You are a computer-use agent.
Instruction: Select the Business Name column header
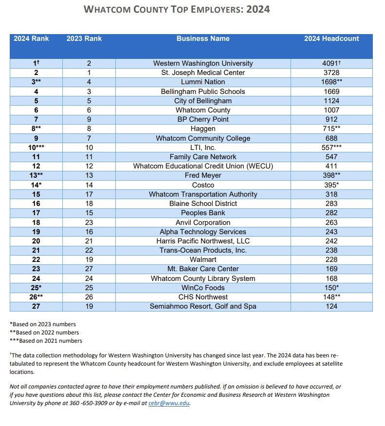point(203,38)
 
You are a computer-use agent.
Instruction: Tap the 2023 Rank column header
point(84,38)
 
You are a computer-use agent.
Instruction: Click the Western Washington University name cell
point(203,63)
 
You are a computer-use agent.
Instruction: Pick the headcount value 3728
point(331,73)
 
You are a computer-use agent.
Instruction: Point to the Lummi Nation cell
point(203,82)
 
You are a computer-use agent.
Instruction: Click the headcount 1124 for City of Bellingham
point(331,101)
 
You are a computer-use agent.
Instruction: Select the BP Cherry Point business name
point(203,119)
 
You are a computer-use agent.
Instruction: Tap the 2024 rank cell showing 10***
point(36,148)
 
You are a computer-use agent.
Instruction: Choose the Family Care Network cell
point(203,157)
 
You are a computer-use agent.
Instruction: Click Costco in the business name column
point(203,185)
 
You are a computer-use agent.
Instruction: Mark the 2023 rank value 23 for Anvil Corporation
point(89,222)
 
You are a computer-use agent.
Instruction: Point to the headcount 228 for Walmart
point(331,259)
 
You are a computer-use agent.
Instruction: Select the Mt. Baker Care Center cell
point(203,269)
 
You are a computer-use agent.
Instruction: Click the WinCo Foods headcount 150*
point(331,288)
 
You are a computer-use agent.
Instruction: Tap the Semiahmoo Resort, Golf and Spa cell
point(203,306)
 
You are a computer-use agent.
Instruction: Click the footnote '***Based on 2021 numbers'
point(46,341)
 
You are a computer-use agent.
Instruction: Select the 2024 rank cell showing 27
point(36,306)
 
